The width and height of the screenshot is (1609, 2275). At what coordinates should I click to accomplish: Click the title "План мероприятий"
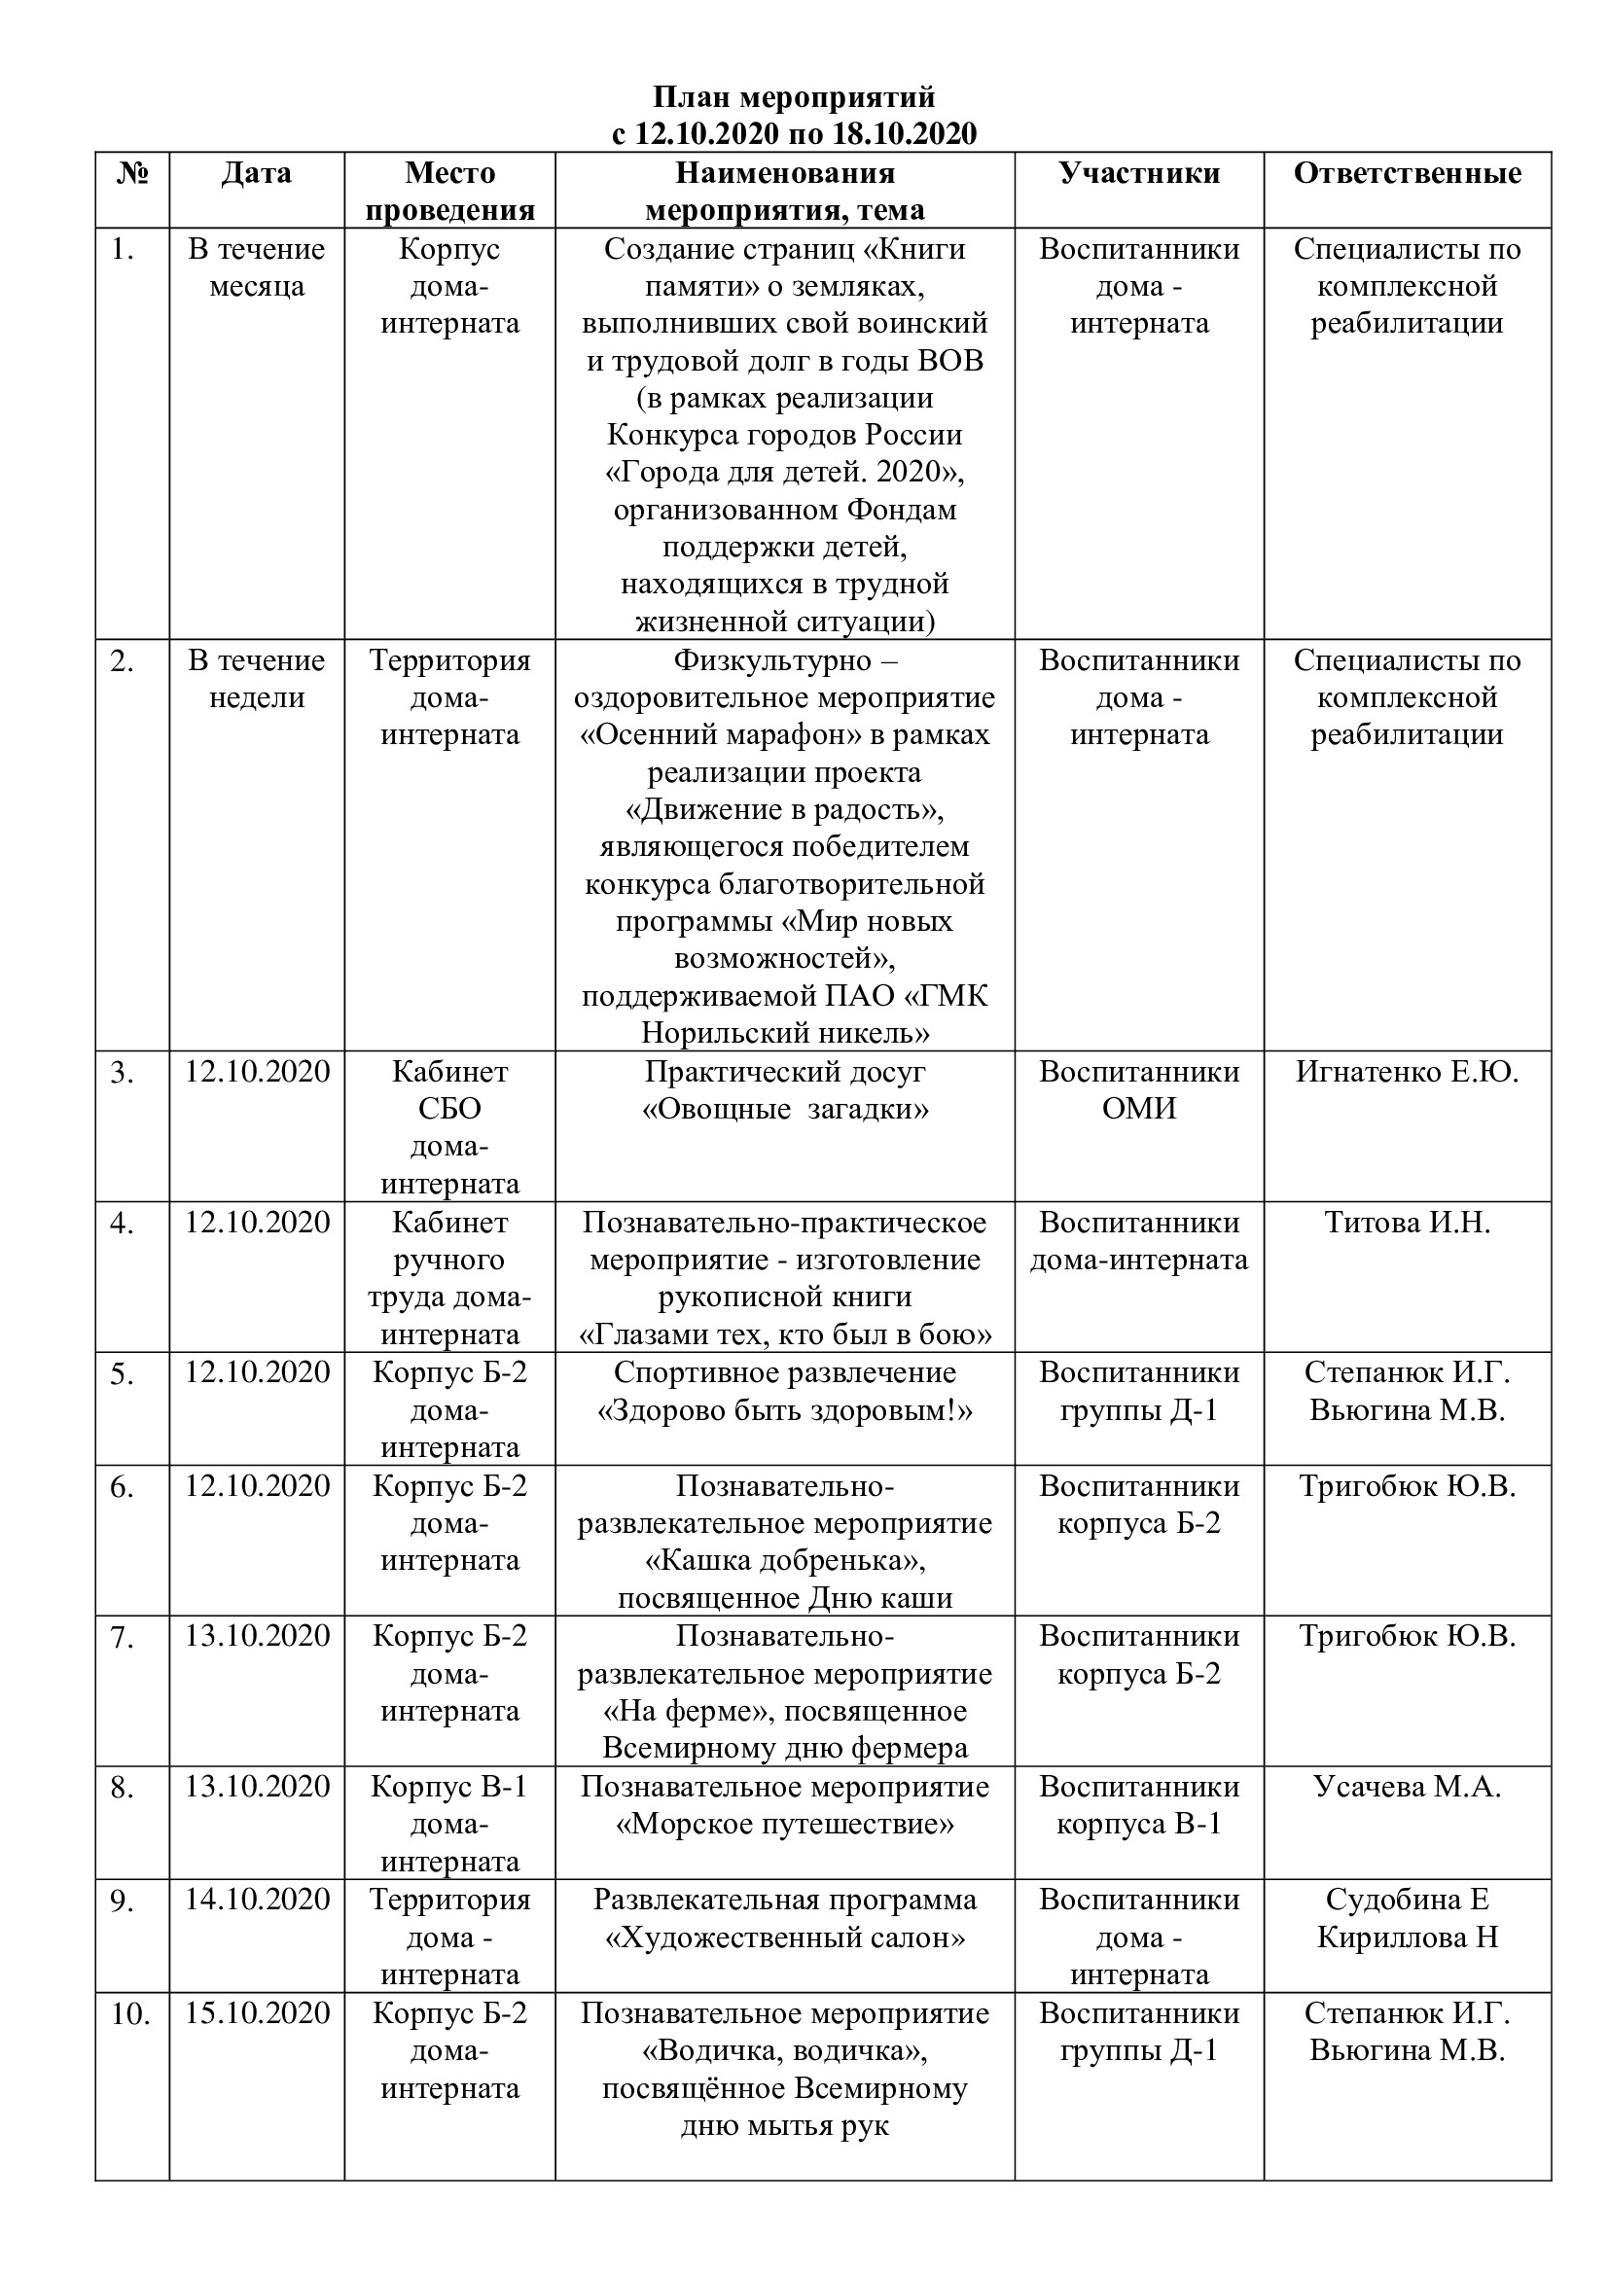(794, 97)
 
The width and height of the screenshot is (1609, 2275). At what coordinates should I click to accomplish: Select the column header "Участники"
(1138, 173)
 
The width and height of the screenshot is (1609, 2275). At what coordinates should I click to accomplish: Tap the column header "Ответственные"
(1407, 173)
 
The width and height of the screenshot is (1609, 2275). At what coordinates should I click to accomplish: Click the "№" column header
(132, 173)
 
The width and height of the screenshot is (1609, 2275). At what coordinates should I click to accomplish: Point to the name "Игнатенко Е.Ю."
(1407, 1071)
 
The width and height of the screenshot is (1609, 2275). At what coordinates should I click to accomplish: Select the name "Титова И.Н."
(1407, 1222)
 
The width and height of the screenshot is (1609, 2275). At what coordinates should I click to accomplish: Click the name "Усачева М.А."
(1407, 1786)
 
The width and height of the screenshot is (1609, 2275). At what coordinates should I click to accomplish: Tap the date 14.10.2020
(257, 1899)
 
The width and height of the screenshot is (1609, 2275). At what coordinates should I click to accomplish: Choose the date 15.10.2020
(257, 2012)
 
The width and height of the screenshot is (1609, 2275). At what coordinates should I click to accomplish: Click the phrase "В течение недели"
(257, 679)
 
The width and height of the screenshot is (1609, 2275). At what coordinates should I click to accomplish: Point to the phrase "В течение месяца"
(257, 267)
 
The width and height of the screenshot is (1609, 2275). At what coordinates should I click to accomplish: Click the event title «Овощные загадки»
(785, 1109)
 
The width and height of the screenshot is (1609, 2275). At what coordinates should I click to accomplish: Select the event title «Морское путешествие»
(785, 1823)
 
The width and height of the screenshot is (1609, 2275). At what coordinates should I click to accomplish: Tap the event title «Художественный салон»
(785, 1937)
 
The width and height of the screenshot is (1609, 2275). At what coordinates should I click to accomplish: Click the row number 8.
(123, 1788)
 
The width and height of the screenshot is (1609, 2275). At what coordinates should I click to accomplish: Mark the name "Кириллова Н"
(1407, 1937)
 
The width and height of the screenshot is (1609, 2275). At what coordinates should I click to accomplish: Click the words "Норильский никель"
(785, 1034)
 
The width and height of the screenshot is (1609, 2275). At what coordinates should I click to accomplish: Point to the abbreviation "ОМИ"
(1138, 1109)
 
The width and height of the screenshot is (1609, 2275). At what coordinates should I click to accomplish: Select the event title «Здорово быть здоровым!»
(785, 1410)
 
